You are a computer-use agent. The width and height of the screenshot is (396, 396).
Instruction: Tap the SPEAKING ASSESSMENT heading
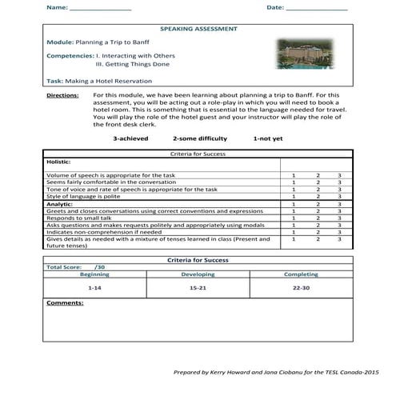(x=198, y=29)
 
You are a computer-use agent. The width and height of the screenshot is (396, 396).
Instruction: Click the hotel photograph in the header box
(x=306, y=54)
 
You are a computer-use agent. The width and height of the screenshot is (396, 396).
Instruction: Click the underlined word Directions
(x=62, y=95)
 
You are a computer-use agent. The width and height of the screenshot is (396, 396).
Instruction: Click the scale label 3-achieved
(x=130, y=138)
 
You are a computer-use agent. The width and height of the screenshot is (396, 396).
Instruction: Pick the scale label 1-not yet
(x=268, y=138)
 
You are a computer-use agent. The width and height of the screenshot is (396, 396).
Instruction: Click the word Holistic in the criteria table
(x=59, y=161)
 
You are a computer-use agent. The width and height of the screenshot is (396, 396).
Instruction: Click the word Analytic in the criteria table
(x=60, y=203)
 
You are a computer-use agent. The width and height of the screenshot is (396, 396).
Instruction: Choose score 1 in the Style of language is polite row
(x=294, y=196)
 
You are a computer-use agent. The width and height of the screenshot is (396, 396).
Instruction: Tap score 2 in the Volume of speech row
(x=317, y=175)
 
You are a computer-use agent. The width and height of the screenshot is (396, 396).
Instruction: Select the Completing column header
(x=301, y=274)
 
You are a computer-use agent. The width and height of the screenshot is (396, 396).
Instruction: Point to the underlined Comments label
(x=66, y=303)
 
